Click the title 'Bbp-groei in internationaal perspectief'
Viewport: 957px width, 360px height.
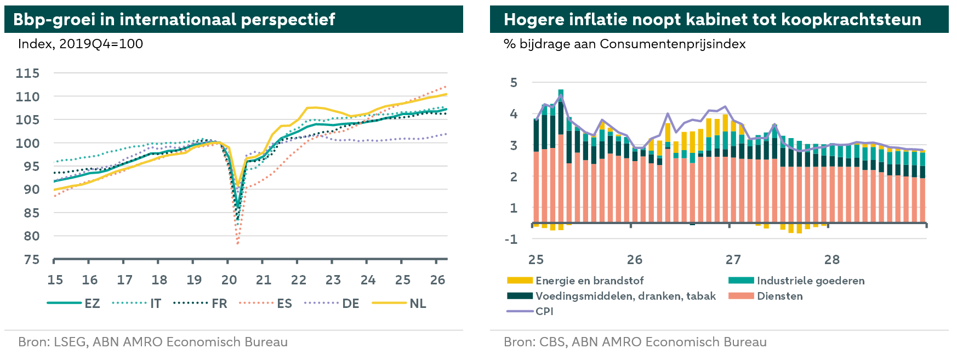[174, 20]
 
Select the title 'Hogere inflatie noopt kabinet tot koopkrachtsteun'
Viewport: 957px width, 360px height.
[713, 20]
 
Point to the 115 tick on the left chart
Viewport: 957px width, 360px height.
[28, 73]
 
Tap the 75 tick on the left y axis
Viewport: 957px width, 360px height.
[32, 260]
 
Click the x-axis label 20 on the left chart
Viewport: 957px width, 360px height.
[229, 280]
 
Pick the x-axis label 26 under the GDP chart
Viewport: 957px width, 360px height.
[437, 280]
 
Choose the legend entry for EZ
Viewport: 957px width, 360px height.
[73, 304]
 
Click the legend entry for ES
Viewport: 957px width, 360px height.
[266, 304]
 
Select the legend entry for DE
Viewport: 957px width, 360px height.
[332, 304]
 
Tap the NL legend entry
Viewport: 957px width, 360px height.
[399, 304]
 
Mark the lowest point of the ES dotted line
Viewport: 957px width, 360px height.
[237, 243]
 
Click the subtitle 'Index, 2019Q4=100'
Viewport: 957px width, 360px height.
[81, 44]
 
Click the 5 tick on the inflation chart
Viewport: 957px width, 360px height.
[514, 83]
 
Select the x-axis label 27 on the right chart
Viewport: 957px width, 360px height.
[733, 260]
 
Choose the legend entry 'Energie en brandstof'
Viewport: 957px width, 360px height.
[576, 281]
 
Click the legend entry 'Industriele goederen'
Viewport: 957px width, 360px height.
[796, 281]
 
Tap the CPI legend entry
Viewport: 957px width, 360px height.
[530, 311]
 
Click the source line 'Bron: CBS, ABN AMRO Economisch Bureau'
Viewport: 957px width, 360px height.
[635, 342]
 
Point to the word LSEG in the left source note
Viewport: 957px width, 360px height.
[70, 342]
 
